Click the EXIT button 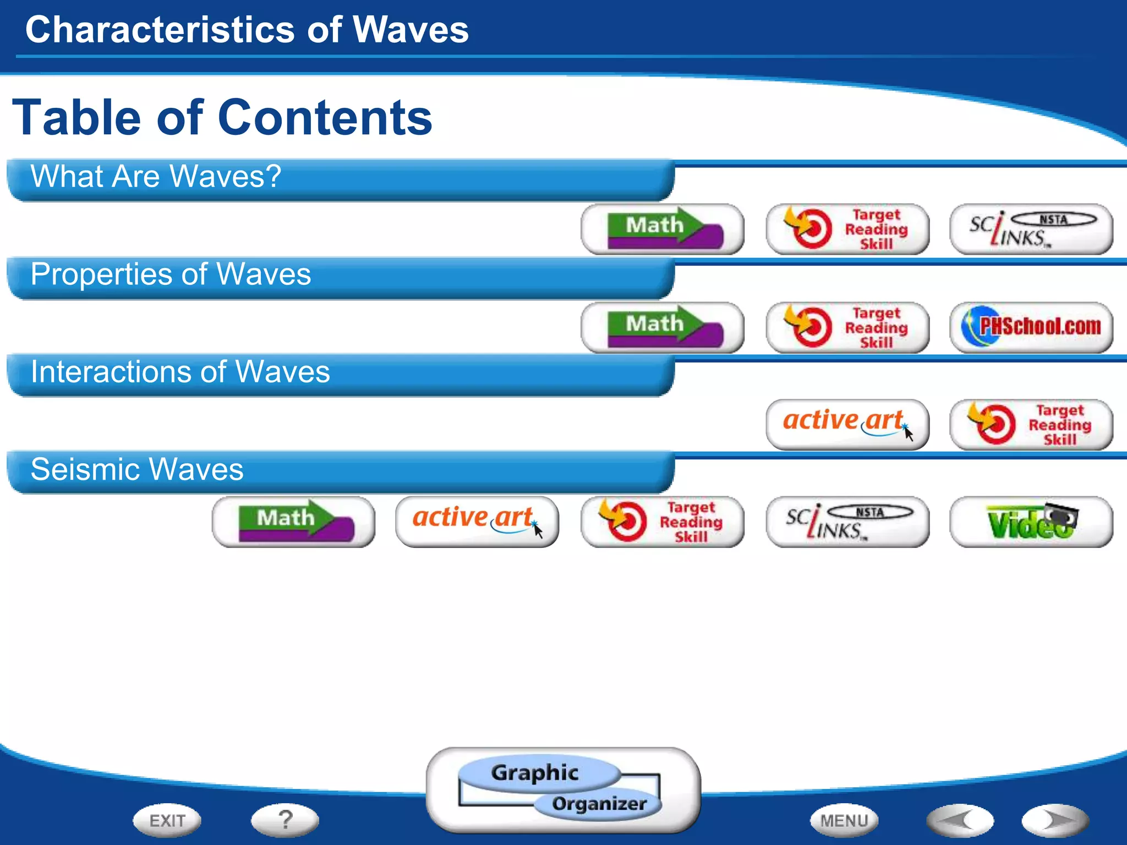(167, 820)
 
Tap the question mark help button (285, 820)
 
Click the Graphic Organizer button (562, 789)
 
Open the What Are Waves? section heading (156, 177)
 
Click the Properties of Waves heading (171, 275)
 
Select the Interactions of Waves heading (180, 372)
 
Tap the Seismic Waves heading (137, 470)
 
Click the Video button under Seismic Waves (1031, 522)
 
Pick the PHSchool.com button (1031, 327)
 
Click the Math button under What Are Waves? (662, 229)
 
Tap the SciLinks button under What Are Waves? (1031, 229)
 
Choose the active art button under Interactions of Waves (847, 424)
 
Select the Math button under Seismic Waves (293, 522)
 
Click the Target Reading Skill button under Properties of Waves (847, 327)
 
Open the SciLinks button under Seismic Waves (847, 522)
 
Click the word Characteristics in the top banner (160, 30)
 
